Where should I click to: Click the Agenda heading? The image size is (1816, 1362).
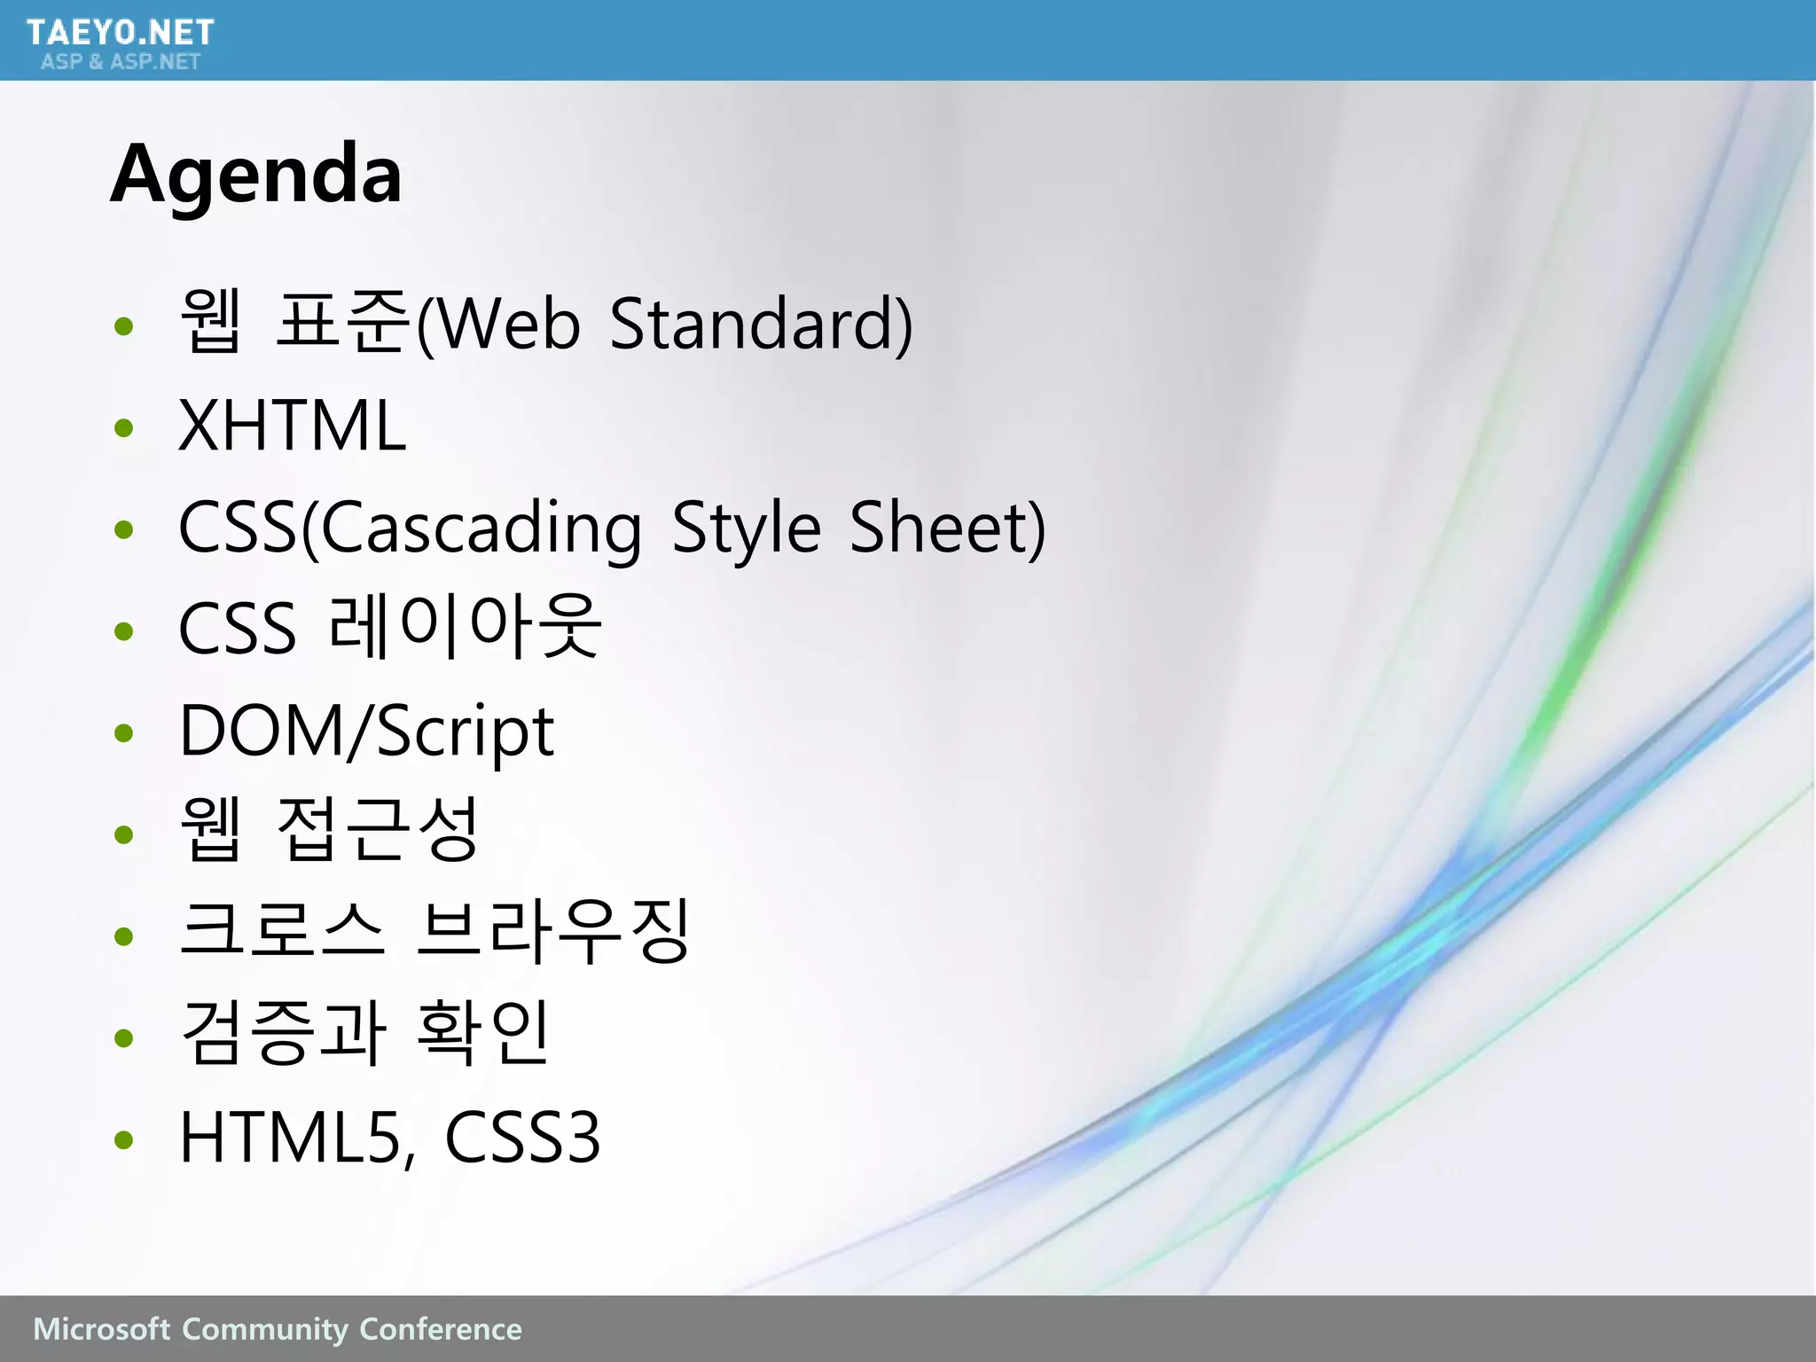(x=255, y=174)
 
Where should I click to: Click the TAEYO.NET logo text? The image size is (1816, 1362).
(x=120, y=33)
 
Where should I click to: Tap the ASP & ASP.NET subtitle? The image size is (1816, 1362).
(x=121, y=61)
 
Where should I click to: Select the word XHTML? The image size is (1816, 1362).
(x=292, y=427)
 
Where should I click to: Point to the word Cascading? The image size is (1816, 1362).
(x=481, y=528)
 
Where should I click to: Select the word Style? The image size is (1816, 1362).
(x=747, y=528)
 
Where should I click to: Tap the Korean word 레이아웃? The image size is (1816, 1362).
(x=465, y=628)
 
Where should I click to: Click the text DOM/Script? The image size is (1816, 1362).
(x=366, y=732)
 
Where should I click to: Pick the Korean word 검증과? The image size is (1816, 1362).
(x=283, y=1032)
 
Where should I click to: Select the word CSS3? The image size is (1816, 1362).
(x=522, y=1137)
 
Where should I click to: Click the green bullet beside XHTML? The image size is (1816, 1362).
(x=124, y=428)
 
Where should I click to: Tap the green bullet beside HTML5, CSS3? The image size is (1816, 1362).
(x=124, y=1139)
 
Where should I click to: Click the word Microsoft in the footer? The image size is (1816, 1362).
(x=100, y=1329)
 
